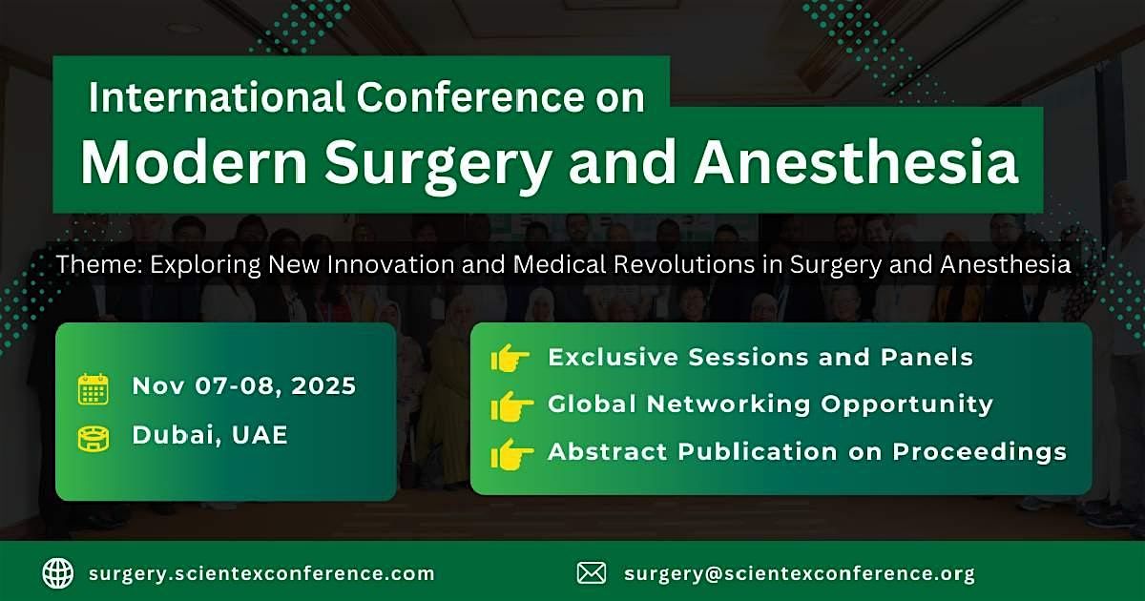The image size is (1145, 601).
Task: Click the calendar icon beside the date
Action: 94,388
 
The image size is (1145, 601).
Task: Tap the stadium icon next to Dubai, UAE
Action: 94,438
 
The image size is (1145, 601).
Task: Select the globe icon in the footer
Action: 58,573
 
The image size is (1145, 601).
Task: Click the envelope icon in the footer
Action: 592,573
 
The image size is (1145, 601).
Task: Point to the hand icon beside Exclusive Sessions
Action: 510,359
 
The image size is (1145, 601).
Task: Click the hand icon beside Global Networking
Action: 510,405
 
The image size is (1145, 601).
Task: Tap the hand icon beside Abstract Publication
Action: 510,453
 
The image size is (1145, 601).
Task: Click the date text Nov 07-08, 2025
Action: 244,386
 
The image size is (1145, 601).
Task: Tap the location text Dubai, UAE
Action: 210,436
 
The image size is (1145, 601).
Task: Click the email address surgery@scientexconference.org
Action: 800,574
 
